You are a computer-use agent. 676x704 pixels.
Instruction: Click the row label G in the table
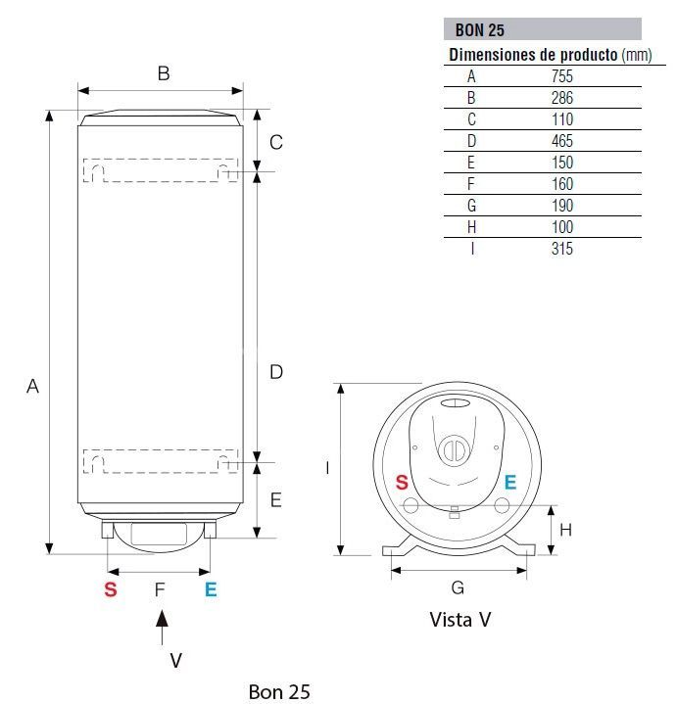coord(471,206)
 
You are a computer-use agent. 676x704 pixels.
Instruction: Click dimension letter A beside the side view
coord(32,387)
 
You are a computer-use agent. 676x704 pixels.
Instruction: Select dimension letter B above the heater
coord(164,72)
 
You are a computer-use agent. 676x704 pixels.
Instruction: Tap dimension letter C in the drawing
coord(276,142)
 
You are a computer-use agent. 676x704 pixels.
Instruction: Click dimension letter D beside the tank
coord(276,371)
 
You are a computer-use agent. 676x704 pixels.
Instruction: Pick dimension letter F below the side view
coord(160,588)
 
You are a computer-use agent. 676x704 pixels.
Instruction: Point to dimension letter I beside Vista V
coord(327,468)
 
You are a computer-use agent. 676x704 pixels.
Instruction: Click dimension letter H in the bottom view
coord(565,530)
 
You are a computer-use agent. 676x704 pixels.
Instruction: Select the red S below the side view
coord(111,589)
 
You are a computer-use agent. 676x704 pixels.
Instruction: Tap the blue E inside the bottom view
coord(509,482)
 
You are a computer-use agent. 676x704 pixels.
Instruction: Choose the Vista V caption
coord(459,620)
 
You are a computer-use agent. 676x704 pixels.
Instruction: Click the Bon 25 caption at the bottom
coord(279,692)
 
